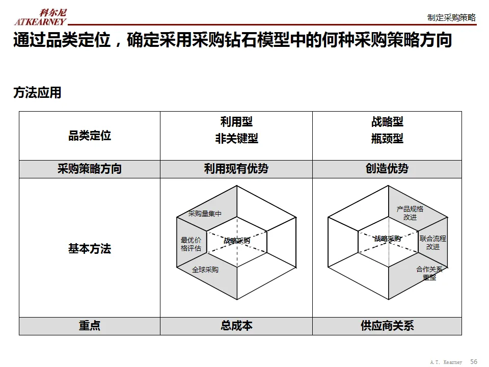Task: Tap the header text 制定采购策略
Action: point(451,18)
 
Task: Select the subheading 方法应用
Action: point(37,93)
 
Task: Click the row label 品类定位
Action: point(90,136)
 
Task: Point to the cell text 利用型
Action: point(236,122)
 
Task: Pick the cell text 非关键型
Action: point(236,139)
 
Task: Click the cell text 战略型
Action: point(387,122)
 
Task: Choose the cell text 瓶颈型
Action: point(387,139)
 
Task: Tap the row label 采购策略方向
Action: point(90,169)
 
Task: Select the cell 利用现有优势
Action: point(236,169)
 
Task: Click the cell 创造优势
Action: point(387,169)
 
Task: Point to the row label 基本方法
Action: point(90,249)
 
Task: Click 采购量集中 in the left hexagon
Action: point(205,214)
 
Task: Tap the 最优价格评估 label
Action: point(191,244)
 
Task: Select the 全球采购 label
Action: point(205,270)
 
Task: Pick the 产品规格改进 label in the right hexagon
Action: point(410,213)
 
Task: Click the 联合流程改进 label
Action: point(433,243)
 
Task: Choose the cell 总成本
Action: point(236,326)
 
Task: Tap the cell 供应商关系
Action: point(387,326)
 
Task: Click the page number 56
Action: point(474,361)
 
